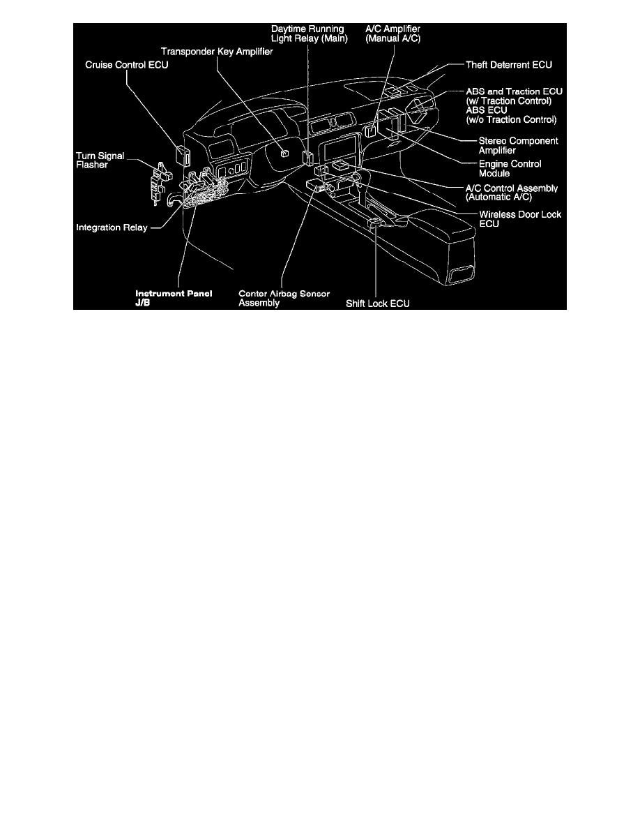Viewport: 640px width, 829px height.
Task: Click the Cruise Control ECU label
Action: [x=127, y=65]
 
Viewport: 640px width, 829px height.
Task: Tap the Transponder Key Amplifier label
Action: [x=217, y=52]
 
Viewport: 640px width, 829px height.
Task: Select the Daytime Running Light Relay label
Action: [x=310, y=33]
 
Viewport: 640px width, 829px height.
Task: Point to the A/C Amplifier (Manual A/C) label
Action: [x=393, y=33]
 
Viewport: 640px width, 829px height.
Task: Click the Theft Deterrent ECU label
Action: [x=509, y=65]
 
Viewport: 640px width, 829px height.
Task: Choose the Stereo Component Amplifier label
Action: [x=518, y=145]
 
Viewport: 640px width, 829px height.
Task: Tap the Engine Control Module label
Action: [x=510, y=169]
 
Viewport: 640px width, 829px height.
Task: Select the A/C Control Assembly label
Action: [x=512, y=193]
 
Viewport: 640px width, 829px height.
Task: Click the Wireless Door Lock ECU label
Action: [x=520, y=219]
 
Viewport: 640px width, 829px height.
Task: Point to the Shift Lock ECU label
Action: [x=378, y=304]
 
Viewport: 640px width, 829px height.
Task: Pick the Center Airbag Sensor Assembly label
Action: [x=284, y=298]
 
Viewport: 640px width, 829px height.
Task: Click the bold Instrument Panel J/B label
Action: [x=174, y=298]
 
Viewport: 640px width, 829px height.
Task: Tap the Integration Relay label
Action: [x=112, y=227]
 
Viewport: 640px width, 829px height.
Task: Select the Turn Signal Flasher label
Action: [x=100, y=160]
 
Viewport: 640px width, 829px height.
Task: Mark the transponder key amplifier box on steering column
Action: [x=285, y=154]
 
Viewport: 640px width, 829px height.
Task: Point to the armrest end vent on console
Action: [x=461, y=274]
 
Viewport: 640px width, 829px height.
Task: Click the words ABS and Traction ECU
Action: [x=515, y=91]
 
